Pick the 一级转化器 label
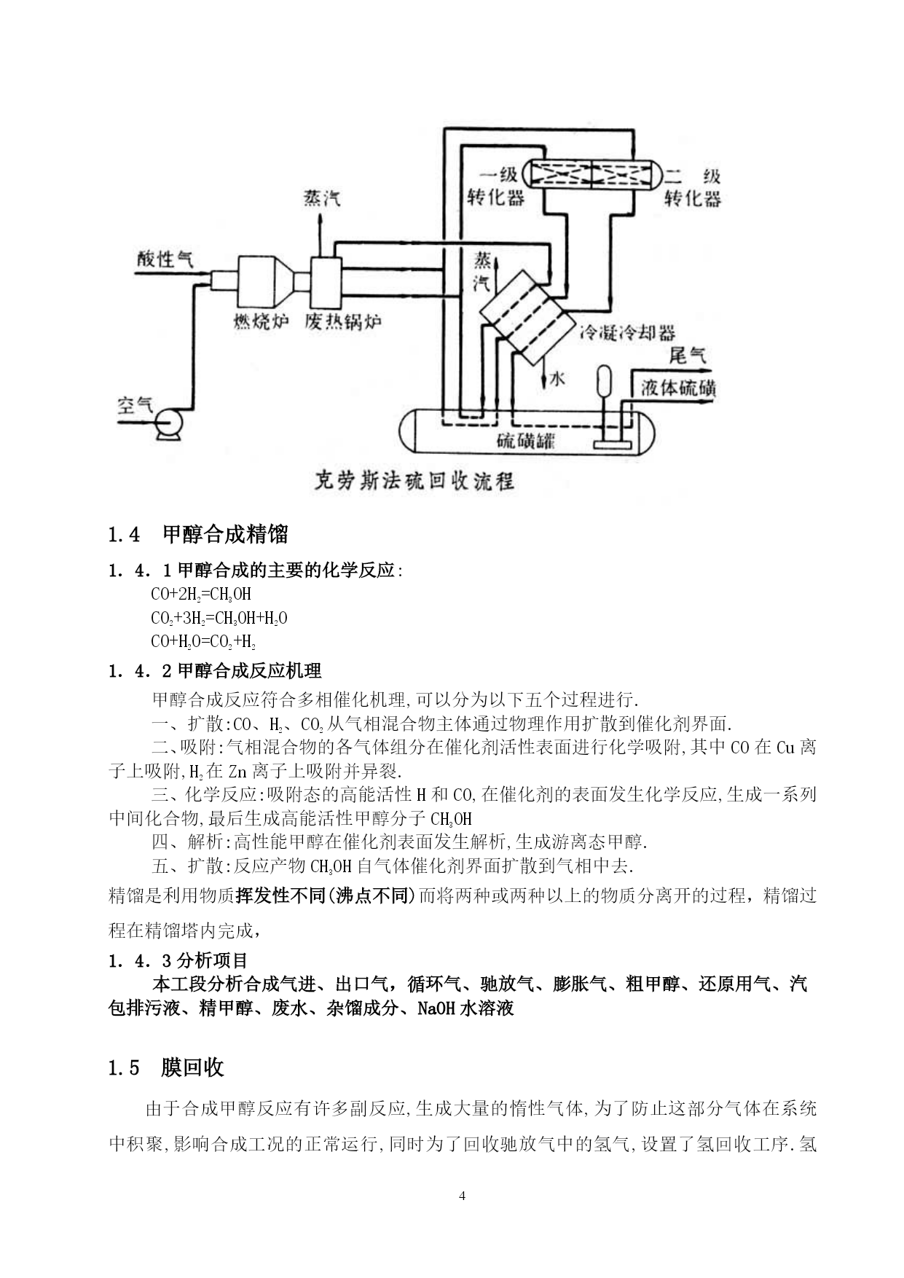(x=497, y=187)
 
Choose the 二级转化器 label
(x=692, y=187)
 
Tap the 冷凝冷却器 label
(x=627, y=334)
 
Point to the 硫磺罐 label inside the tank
(x=526, y=440)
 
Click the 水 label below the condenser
(x=557, y=379)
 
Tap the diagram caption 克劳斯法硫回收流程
(x=414, y=481)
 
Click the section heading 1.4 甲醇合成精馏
(x=198, y=535)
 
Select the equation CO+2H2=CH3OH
(x=201, y=595)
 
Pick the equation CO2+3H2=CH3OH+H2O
(x=219, y=619)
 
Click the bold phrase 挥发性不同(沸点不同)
(x=326, y=895)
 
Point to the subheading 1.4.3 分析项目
(x=179, y=960)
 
